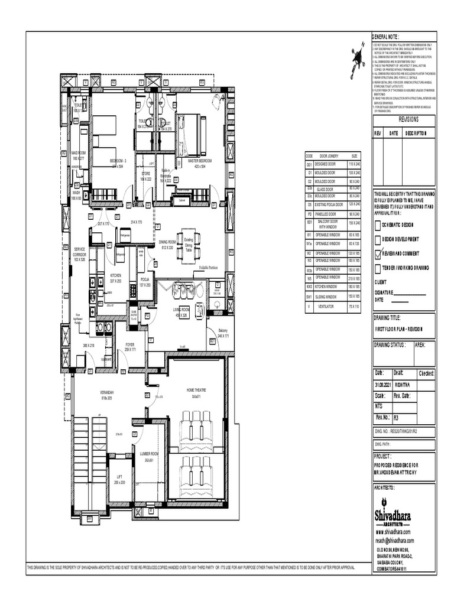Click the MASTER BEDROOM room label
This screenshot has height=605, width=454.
(x=200, y=160)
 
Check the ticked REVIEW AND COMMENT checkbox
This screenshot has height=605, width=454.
(x=378, y=253)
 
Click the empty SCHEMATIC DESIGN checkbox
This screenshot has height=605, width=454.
(x=378, y=225)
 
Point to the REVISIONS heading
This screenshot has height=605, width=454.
(x=408, y=119)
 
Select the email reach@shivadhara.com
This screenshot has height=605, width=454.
(x=394, y=540)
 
